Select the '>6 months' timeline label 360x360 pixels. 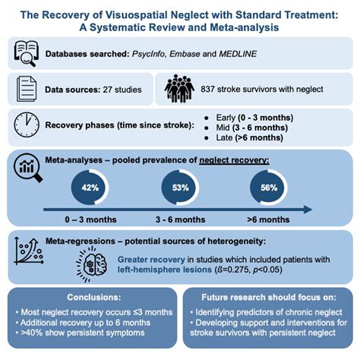click(x=269, y=219)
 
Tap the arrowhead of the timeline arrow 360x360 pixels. click(x=307, y=210)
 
